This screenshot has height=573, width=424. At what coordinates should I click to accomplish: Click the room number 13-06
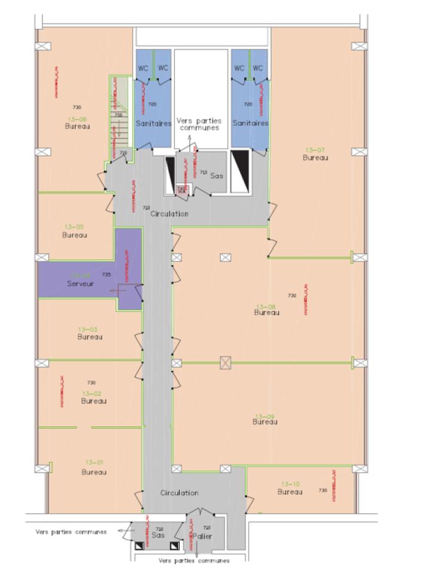[x=77, y=119]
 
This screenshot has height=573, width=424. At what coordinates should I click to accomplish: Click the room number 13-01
[x=94, y=462]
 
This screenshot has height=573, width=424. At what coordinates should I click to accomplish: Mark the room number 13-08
[x=266, y=304]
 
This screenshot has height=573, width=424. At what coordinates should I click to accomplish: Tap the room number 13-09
[x=265, y=415]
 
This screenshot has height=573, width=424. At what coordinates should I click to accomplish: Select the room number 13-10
[x=290, y=483]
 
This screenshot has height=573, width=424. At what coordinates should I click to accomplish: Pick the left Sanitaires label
[x=153, y=124]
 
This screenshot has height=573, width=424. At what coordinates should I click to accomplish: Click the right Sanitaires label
[x=250, y=124]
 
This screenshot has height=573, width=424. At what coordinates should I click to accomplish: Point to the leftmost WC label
[x=144, y=68]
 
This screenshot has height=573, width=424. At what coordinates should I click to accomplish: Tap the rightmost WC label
[x=258, y=68]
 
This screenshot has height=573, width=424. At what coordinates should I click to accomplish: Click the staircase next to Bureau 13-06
[x=119, y=119]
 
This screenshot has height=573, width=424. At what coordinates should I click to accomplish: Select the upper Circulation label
[x=170, y=214]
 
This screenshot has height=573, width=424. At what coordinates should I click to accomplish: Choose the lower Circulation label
[x=179, y=493]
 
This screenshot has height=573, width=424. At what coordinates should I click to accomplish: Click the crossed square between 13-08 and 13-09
[x=225, y=362]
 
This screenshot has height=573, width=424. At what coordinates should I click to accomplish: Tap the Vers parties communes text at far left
[x=71, y=531]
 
